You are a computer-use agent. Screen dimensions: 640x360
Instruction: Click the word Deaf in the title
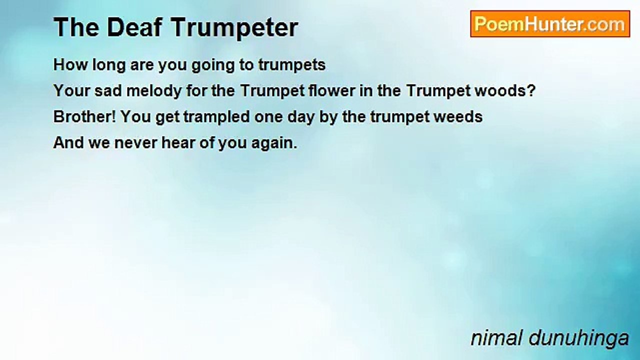(134, 27)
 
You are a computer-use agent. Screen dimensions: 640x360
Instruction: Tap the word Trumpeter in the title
(235, 28)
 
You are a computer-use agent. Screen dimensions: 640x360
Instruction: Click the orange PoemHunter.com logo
(550, 24)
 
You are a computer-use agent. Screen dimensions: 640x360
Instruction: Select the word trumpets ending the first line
(292, 65)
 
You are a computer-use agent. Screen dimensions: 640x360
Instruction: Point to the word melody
(154, 91)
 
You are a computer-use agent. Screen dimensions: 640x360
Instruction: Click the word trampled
(216, 117)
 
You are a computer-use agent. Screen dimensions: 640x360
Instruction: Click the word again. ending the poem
(274, 143)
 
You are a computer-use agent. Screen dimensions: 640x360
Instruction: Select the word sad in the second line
(108, 91)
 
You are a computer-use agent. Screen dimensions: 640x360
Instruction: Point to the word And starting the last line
(68, 142)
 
